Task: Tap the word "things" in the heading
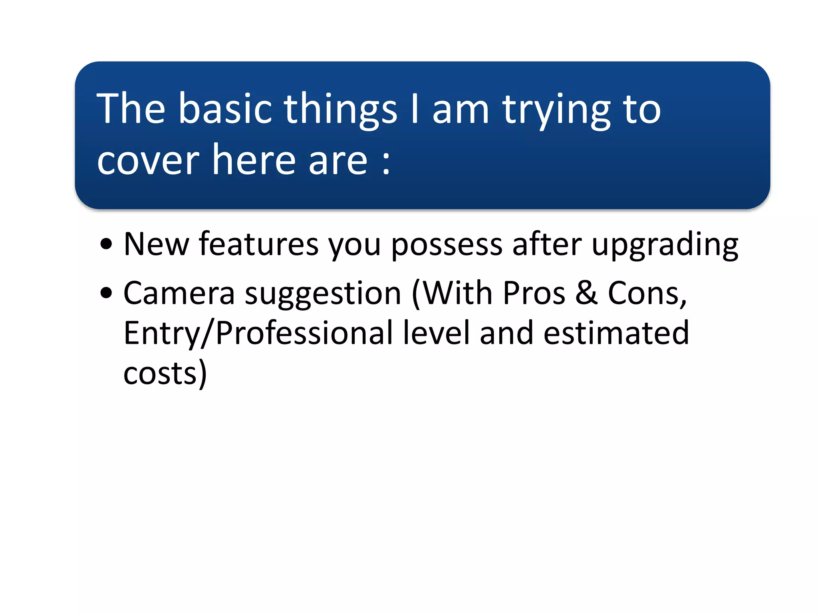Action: click(x=340, y=110)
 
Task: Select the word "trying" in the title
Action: click(x=556, y=110)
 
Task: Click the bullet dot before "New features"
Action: click(x=106, y=244)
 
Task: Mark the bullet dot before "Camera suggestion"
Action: click(x=106, y=293)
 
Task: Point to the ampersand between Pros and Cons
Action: click(x=586, y=293)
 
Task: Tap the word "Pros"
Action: click(x=534, y=293)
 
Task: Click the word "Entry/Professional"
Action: click(x=258, y=333)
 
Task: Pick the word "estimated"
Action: click(x=616, y=333)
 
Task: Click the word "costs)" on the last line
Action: click(x=165, y=373)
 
